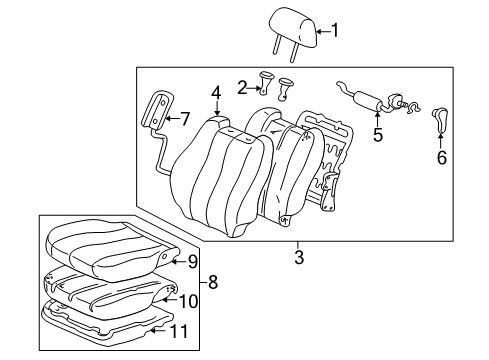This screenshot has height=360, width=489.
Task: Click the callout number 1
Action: (334, 31)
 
